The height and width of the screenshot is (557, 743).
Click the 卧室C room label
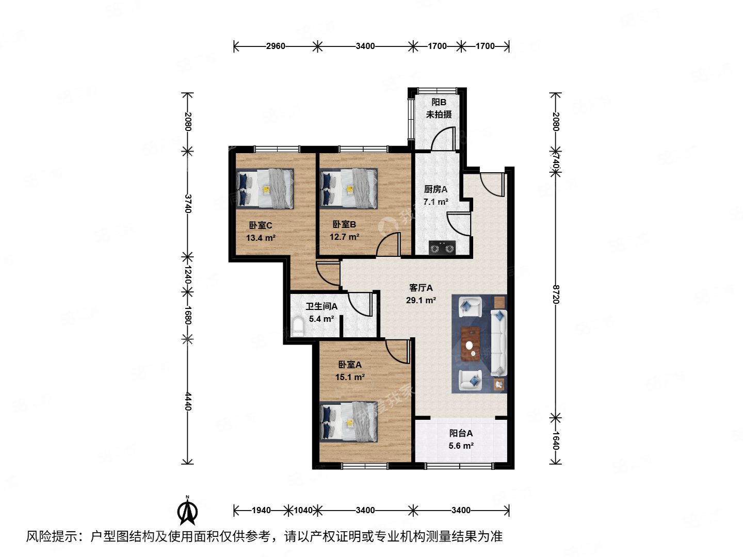point(261,225)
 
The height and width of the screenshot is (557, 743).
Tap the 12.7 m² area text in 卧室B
point(344,237)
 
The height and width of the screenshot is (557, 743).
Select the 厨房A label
point(435,189)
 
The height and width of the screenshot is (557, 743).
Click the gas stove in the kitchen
point(442,249)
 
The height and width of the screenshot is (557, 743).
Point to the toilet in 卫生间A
point(298,326)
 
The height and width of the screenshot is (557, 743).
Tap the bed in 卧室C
point(265,189)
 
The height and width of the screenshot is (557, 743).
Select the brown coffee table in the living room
point(470,345)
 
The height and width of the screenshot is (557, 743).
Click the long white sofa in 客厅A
point(498,342)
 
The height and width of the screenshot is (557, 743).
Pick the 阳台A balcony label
point(461,433)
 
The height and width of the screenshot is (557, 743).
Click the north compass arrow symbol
point(187,511)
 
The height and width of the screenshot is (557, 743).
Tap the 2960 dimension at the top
point(276,46)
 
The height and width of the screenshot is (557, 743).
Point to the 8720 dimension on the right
point(556,294)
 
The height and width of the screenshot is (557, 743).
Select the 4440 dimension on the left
point(188,401)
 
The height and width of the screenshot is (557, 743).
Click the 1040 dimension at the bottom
point(303,510)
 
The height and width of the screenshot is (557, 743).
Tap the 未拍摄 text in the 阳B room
point(439,114)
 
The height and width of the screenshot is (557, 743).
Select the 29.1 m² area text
point(421,300)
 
